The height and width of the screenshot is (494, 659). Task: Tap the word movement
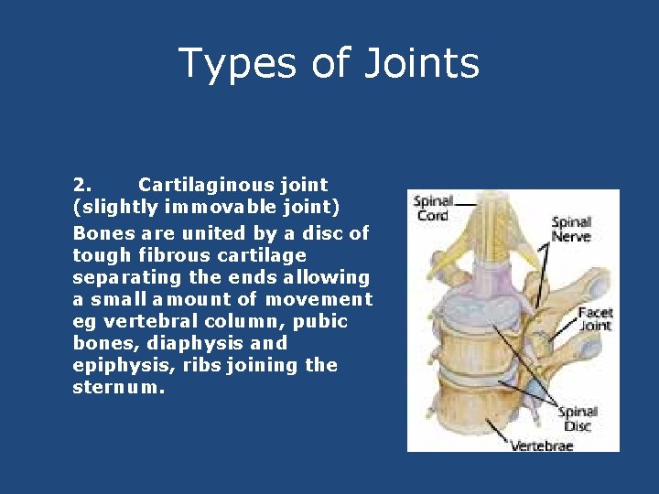(x=319, y=298)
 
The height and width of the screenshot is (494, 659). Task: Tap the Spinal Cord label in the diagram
(x=432, y=208)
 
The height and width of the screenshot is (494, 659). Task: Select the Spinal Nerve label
(x=570, y=229)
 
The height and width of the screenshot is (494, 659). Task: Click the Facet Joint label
(x=595, y=319)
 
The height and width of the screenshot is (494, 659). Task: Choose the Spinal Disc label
(x=578, y=419)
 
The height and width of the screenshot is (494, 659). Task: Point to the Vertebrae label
(x=542, y=446)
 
